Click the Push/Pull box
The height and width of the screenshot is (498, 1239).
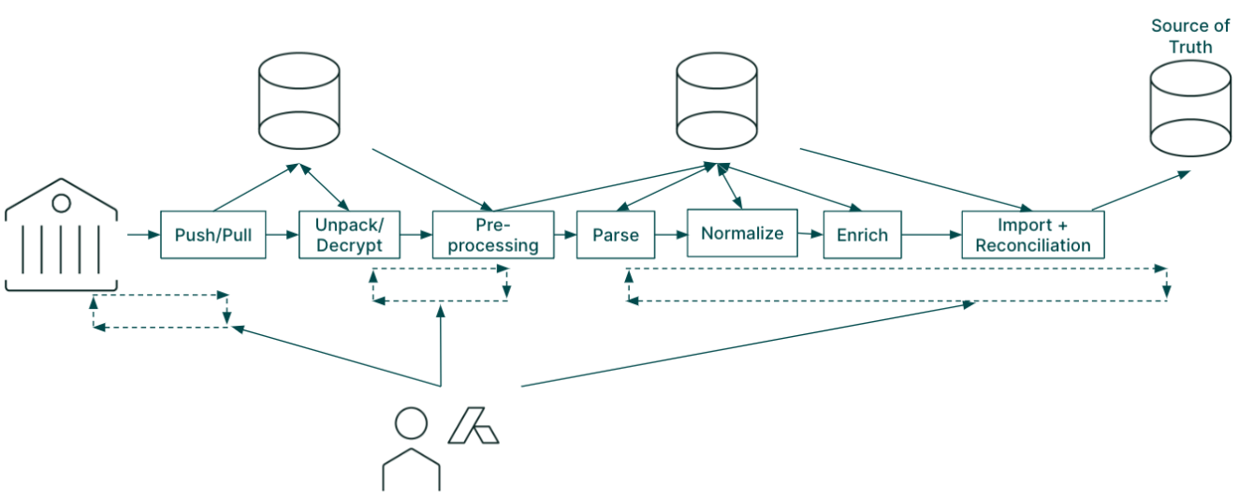point(213,235)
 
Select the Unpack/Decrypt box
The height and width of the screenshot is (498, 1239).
point(350,235)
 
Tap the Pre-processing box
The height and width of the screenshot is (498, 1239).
point(493,235)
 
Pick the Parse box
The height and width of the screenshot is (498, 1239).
point(616,235)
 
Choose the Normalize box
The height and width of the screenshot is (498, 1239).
point(742,233)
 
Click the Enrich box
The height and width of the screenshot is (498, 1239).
point(862,235)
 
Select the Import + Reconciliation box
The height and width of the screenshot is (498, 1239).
point(1033,235)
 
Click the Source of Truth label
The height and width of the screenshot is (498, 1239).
point(1190,36)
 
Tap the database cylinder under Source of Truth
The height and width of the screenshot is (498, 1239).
point(1190,109)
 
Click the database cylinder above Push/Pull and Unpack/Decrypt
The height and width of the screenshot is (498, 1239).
point(299,101)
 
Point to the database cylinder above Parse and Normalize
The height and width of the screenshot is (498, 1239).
point(717,101)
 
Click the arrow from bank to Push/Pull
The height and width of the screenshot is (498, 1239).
point(144,235)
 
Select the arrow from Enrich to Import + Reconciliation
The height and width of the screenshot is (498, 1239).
point(931,235)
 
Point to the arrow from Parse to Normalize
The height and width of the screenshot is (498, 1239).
point(671,235)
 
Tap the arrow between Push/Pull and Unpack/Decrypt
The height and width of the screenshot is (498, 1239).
point(282,235)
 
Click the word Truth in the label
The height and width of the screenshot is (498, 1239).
point(1191,47)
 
